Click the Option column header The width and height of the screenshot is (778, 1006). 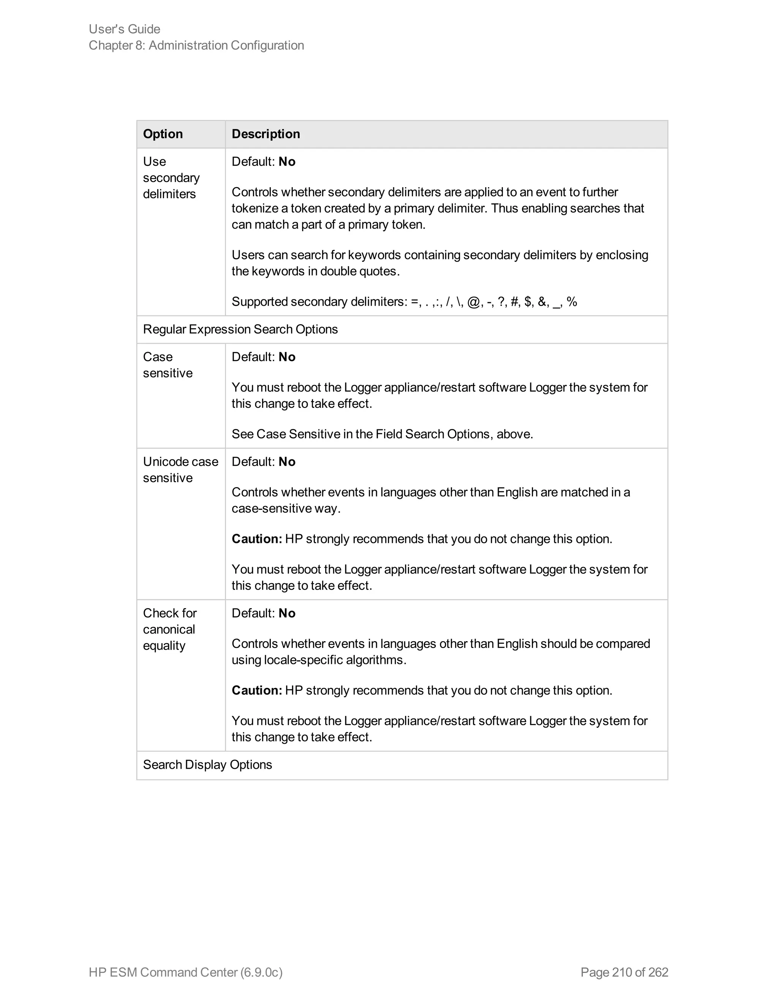point(163,134)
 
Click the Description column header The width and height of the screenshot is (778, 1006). point(266,134)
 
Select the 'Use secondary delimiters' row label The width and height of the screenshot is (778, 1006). point(171,178)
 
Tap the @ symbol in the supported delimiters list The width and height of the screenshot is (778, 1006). point(473,302)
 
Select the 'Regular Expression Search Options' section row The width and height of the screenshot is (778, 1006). point(240,330)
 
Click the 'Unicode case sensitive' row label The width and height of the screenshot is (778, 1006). point(180,470)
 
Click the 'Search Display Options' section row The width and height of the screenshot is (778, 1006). point(207,765)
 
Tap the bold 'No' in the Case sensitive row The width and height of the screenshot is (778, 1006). point(287,357)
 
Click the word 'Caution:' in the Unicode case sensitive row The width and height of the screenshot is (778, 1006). point(257,539)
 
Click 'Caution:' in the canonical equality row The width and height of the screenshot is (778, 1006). point(257,691)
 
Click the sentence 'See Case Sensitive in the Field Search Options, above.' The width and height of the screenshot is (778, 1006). point(382,434)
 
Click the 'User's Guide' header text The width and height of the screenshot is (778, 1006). point(125,29)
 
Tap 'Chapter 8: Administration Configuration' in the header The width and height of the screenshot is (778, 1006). point(196,46)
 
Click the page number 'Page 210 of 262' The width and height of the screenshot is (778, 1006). point(624,972)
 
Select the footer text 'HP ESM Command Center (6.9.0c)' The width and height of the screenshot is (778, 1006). point(185,972)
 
